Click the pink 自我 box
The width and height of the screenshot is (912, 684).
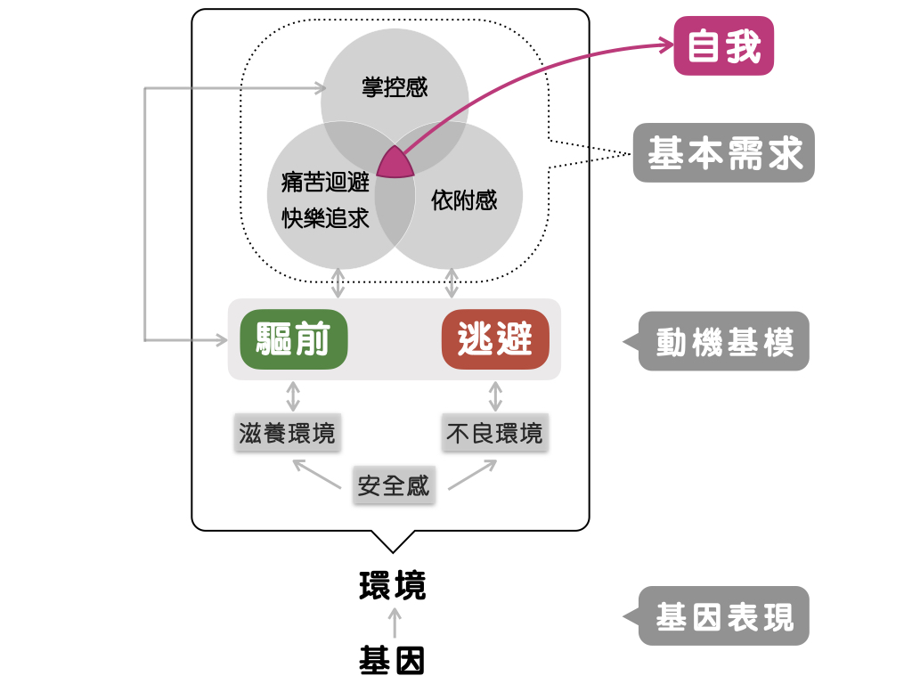point(724,46)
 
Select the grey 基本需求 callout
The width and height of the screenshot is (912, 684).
point(723,153)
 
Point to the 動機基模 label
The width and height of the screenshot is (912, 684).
point(723,342)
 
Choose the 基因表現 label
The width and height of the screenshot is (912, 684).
point(723,616)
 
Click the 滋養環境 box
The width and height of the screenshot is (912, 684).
point(288,434)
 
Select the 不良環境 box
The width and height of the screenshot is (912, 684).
point(494,434)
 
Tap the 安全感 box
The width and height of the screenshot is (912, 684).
point(394,486)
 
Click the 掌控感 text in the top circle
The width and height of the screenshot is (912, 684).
point(395,87)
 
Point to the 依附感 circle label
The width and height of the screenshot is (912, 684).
point(464,200)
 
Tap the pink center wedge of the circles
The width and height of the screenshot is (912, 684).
point(395,164)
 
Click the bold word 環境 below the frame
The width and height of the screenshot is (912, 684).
point(393,586)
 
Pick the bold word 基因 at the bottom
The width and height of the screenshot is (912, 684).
point(393,661)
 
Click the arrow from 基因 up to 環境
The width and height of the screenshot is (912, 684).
point(395,623)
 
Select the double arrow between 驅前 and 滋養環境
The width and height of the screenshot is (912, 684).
point(293,395)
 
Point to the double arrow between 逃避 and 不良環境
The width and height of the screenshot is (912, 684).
point(495,395)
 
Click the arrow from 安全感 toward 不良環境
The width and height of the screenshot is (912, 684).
point(473,475)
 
